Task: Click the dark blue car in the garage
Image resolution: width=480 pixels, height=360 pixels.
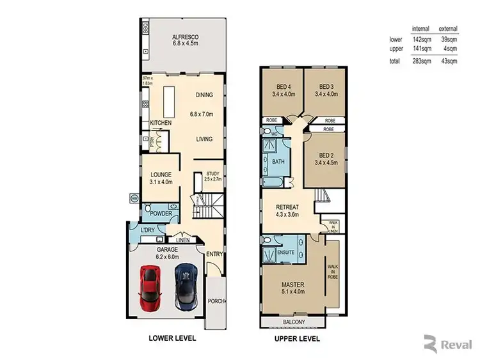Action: coord(185,285)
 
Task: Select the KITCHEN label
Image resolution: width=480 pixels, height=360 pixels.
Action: coord(160,122)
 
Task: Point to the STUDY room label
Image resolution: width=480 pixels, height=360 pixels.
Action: coord(212,173)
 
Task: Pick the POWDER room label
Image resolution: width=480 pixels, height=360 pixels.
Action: coord(161,213)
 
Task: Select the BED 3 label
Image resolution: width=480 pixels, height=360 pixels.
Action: coord(326,87)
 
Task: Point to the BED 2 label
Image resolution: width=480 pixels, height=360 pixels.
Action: coord(326,155)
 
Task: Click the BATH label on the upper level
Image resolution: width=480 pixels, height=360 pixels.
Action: coord(279,162)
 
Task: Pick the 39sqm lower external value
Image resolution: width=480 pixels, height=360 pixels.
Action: coord(447,39)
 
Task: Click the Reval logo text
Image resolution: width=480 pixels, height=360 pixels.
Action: coord(456,346)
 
